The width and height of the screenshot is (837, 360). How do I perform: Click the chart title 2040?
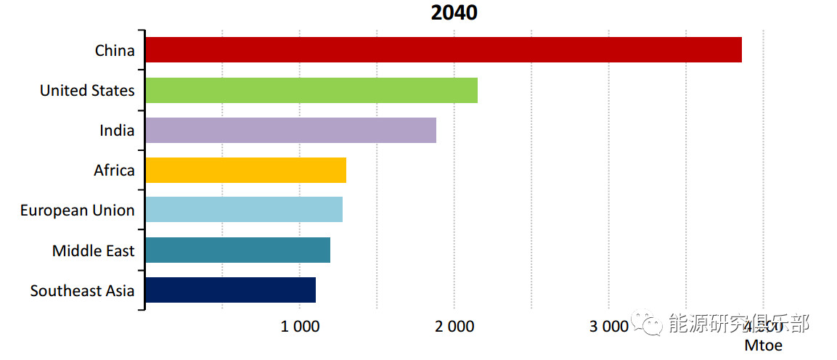pyautogui.click(x=454, y=13)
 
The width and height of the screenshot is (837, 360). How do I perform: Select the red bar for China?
pyautogui.click(x=443, y=49)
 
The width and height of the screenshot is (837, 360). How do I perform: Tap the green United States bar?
pyautogui.click(x=311, y=90)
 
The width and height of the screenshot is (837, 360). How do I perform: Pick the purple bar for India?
pyautogui.click(x=290, y=130)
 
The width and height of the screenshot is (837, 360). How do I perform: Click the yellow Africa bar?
pyautogui.click(x=245, y=170)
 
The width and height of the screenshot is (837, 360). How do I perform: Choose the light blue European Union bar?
pyautogui.click(x=243, y=210)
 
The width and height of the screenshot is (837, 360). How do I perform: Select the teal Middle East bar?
pyautogui.click(x=237, y=250)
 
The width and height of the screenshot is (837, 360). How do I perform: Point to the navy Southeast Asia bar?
pyautogui.click(x=230, y=290)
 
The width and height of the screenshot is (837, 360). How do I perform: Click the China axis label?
pyautogui.click(x=115, y=50)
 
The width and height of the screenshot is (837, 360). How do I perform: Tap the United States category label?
pyautogui.click(x=87, y=90)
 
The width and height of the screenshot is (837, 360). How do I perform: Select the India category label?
pyautogui.click(x=117, y=130)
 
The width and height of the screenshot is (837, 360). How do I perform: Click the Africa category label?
pyautogui.click(x=114, y=170)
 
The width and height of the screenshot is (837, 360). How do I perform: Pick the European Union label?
pyautogui.click(x=77, y=210)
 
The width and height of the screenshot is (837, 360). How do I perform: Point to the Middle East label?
pyautogui.click(x=93, y=250)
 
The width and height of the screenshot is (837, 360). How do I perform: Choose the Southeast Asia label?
pyautogui.click(x=82, y=290)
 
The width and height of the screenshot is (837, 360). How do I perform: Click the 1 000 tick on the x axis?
pyautogui.click(x=300, y=327)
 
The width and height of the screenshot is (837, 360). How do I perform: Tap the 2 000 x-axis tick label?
pyautogui.click(x=454, y=327)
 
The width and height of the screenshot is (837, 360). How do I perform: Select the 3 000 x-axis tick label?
pyautogui.click(x=608, y=327)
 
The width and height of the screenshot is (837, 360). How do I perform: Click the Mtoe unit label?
pyautogui.click(x=763, y=345)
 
